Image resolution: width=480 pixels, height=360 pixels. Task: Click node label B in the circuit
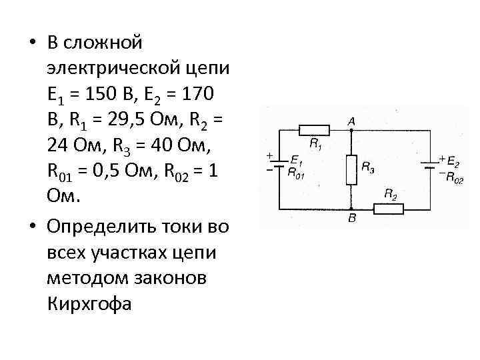tap(351, 218)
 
